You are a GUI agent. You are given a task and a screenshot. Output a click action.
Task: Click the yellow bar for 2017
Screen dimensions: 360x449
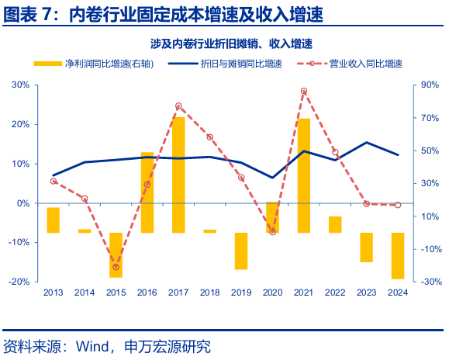pyautogui.click(x=178, y=175)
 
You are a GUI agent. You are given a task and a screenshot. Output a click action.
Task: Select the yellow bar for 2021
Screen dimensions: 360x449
pyautogui.click(x=304, y=175)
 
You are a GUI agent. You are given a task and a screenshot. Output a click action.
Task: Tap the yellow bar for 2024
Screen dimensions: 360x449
pyautogui.click(x=398, y=255)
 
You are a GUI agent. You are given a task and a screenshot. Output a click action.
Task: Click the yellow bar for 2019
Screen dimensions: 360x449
pyautogui.click(x=241, y=251)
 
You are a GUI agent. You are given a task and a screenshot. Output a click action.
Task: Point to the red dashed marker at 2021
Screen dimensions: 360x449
pyautogui.click(x=304, y=91)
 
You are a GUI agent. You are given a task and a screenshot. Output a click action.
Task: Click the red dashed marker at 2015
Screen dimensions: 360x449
pyautogui.click(x=116, y=267)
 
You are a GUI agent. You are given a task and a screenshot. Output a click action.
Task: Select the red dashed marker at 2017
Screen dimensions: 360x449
pyautogui.click(x=178, y=106)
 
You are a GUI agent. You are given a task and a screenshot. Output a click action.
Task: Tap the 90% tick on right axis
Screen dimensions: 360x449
pyautogui.click(x=430, y=85)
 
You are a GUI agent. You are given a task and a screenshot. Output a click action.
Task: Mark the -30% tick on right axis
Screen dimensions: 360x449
pyautogui.click(x=429, y=282)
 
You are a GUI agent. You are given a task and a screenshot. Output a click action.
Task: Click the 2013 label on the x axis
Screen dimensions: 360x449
pyautogui.click(x=53, y=292)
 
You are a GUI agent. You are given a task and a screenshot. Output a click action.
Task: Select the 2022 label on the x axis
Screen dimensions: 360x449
pyautogui.click(x=335, y=292)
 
